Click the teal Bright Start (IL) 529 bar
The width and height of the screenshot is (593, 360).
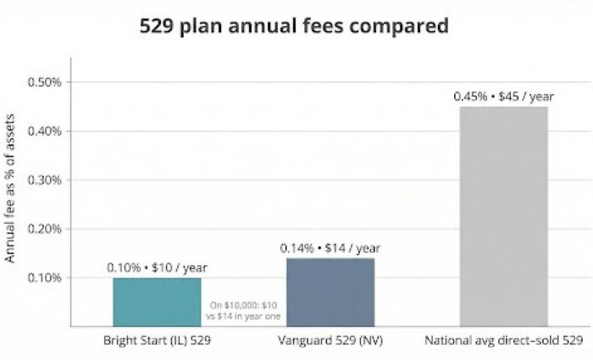coord(157,302)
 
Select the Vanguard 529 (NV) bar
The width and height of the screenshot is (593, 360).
coord(330,292)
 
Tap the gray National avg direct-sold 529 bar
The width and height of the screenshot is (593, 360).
coord(503,216)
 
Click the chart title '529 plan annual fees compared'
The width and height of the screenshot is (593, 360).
coord(293,26)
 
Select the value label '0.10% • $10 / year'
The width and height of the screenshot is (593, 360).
coord(157,268)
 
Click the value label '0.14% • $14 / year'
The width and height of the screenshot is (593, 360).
coord(330,248)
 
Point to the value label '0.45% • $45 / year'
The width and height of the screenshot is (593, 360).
coord(503,97)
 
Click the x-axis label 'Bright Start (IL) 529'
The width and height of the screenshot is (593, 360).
coord(157,341)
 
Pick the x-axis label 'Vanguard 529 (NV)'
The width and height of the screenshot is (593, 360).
coord(330,341)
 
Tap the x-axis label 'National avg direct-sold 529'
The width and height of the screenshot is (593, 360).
coord(503,341)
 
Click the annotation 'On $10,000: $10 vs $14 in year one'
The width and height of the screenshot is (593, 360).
coord(243,309)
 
